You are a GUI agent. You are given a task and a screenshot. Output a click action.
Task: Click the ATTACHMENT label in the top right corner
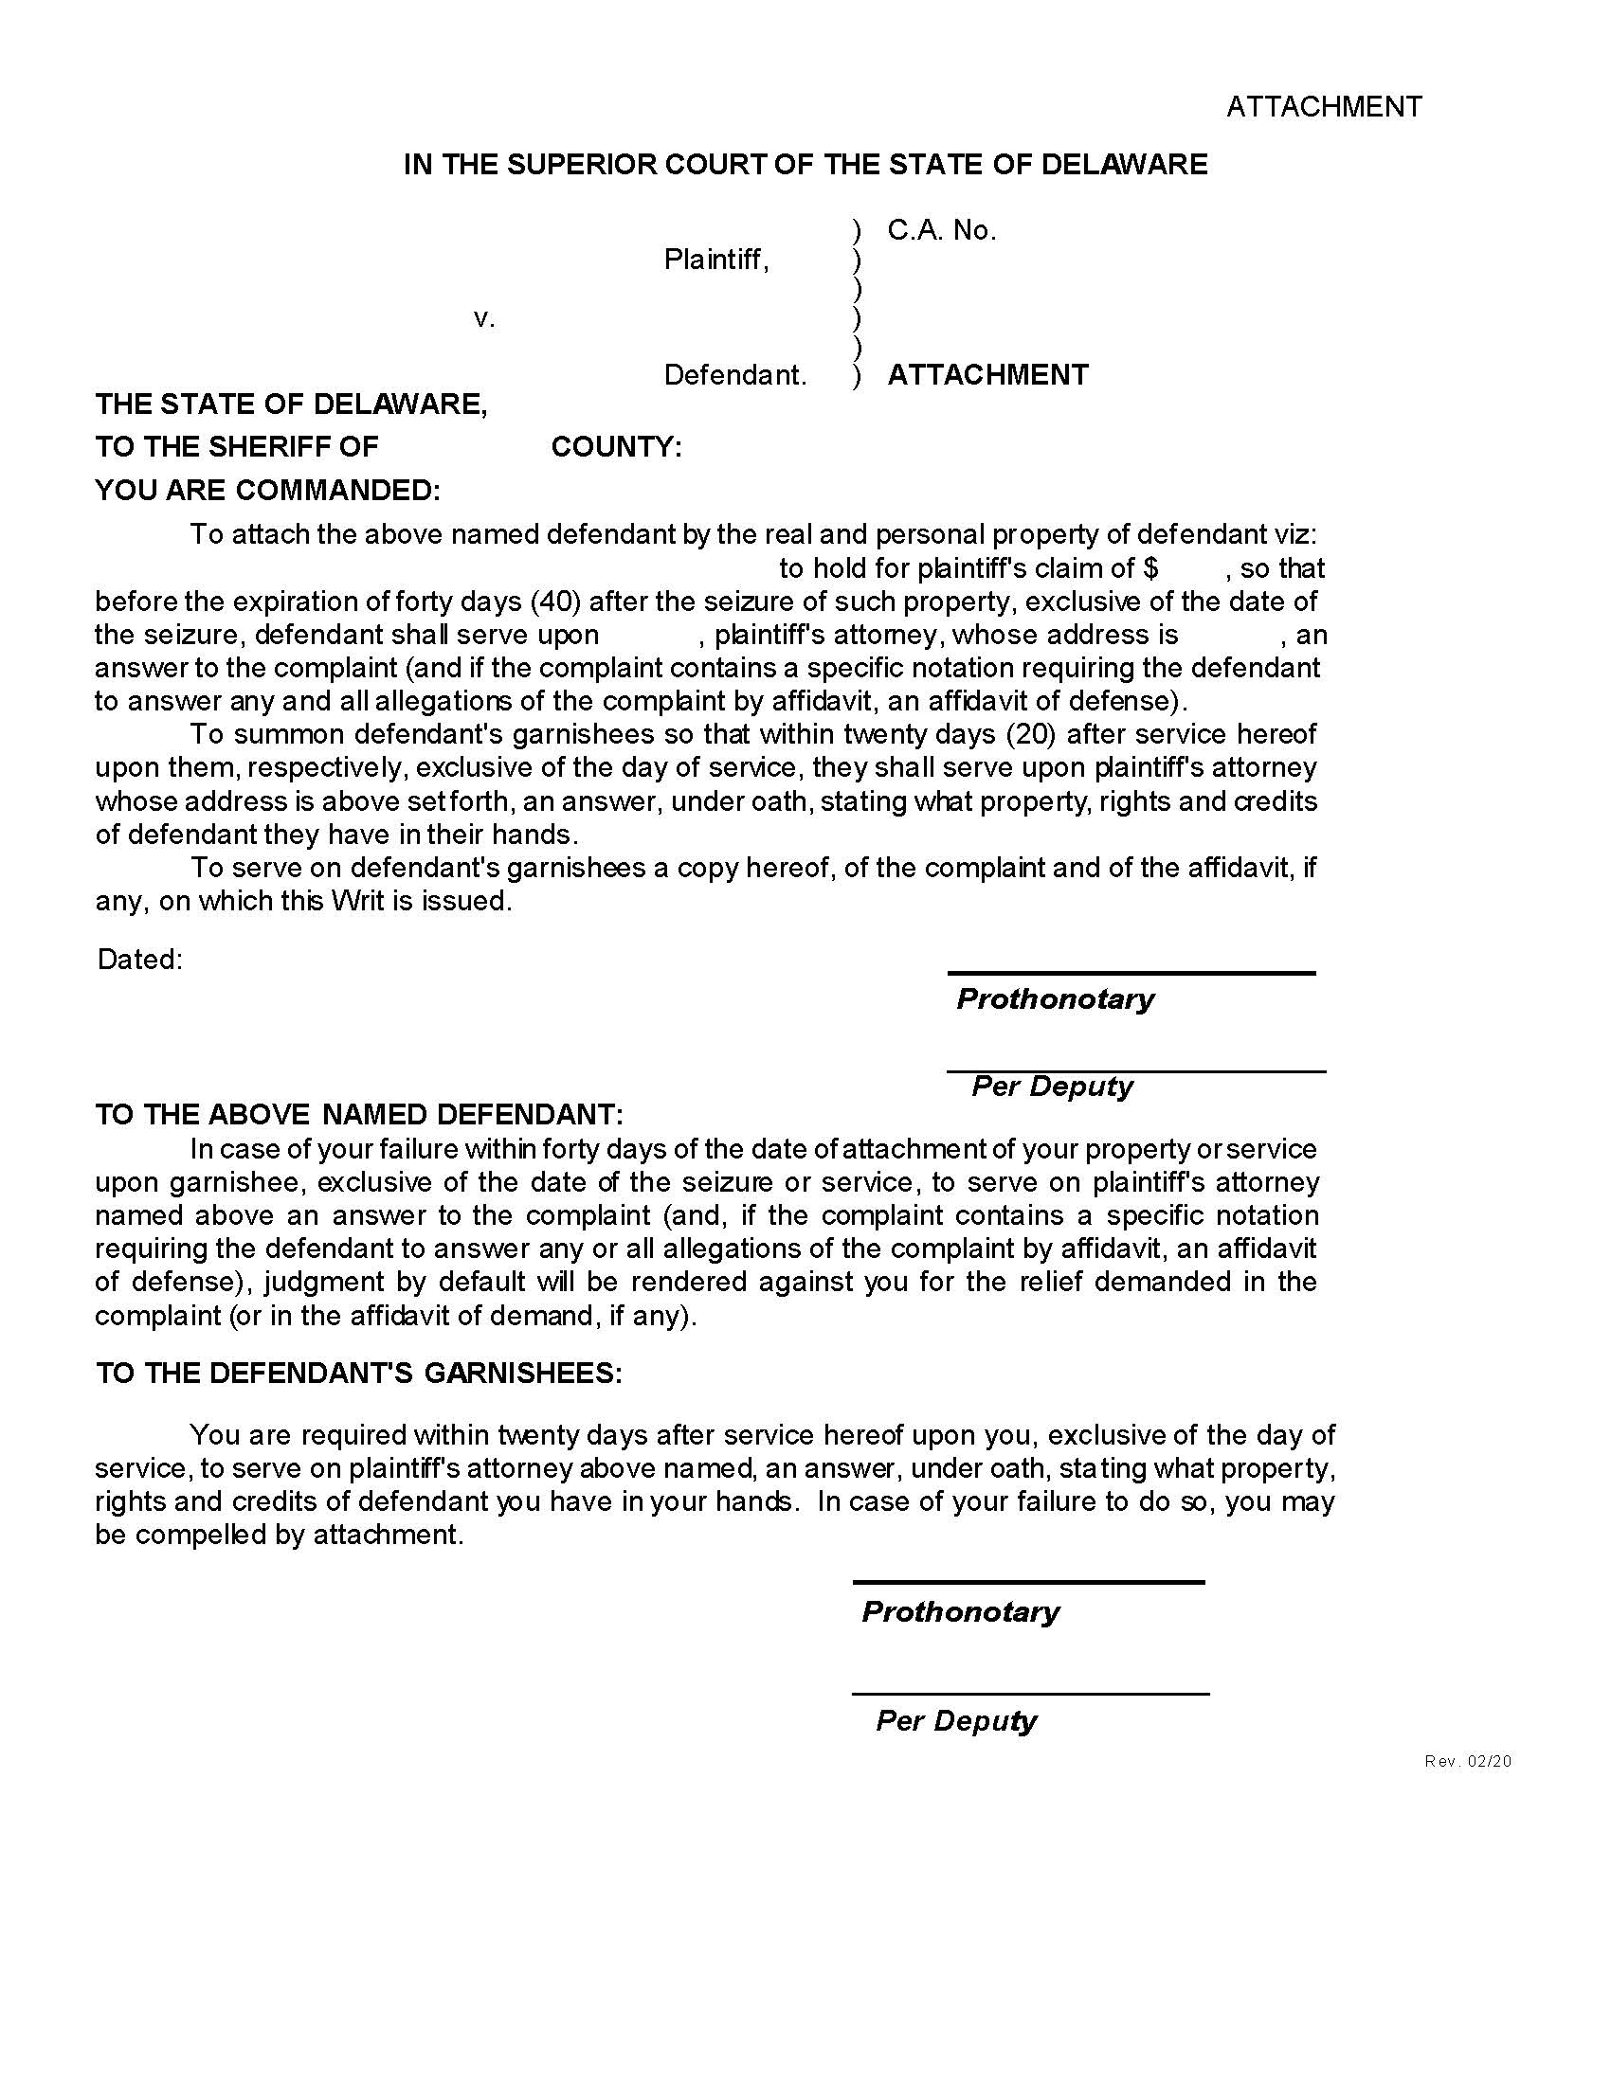pyautogui.click(x=1323, y=106)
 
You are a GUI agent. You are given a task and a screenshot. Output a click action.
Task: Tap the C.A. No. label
pyautogui.click(x=941, y=230)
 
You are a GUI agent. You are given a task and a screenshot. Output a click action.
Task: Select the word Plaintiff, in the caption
pyautogui.click(x=715, y=259)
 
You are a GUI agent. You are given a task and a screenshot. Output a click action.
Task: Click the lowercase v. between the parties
pyautogui.click(x=484, y=317)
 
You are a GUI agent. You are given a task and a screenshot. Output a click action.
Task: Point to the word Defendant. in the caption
pyautogui.click(x=734, y=375)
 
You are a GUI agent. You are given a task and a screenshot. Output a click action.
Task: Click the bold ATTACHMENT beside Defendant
pyautogui.click(x=987, y=374)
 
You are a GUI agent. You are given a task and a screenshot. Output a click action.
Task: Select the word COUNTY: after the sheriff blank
pyautogui.click(x=617, y=446)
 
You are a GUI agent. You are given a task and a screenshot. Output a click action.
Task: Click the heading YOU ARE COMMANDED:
pyautogui.click(x=267, y=490)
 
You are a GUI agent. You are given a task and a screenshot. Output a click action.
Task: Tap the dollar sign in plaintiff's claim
pyautogui.click(x=1150, y=567)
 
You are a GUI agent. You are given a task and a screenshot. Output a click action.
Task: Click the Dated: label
pyautogui.click(x=139, y=959)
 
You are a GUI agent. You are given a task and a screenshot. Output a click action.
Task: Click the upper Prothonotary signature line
pyautogui.click(x=1131, y=972)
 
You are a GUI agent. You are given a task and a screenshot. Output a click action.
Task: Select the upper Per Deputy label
pyautogui.click(x=1052, y=1086)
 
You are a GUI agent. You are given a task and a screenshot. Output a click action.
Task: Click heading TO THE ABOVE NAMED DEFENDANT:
pyautogui.click(x=359, y=1115)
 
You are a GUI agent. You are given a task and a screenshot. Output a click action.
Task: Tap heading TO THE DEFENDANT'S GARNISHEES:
pyautogui.click(x=359, y=1374)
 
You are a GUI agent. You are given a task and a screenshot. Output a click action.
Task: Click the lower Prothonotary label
pyautogui.click(x=960, y=1611)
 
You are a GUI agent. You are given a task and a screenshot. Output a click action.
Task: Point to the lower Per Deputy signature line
pyautogui.click(x=1030, y=1694)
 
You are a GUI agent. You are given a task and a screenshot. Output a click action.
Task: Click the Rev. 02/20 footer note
pyautogui.click(x=1468, y=1762)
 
